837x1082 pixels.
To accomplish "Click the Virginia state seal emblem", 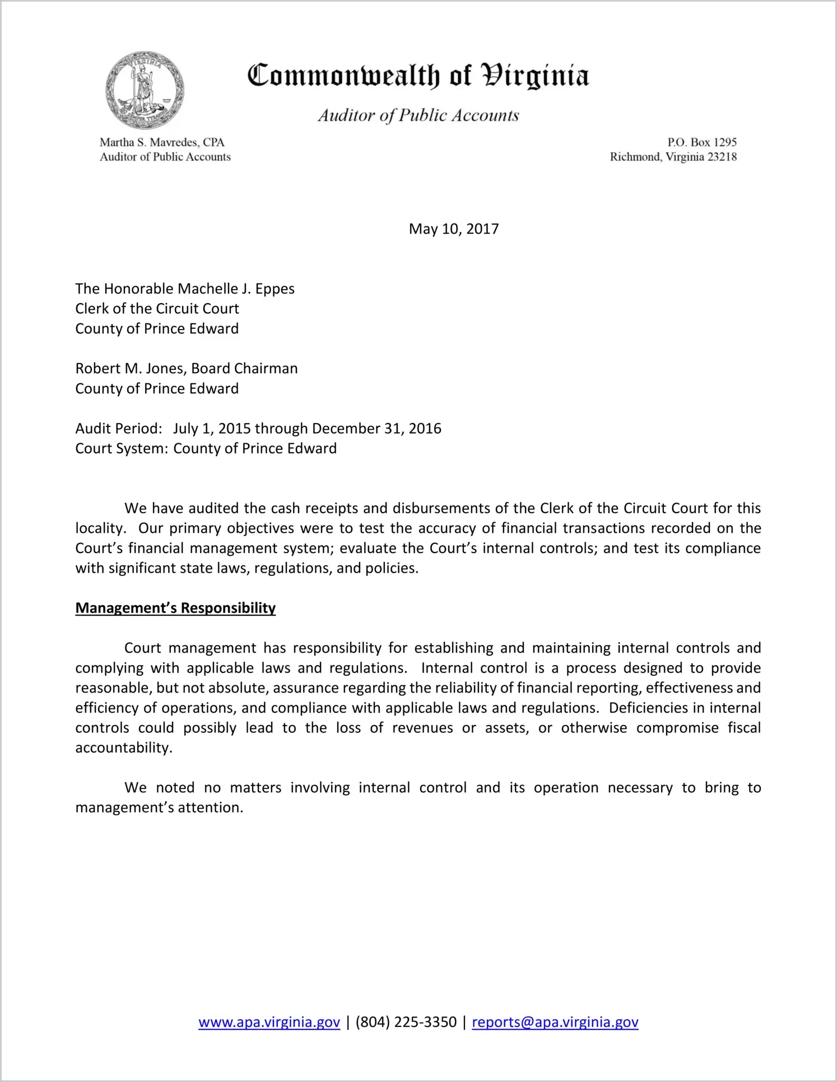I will pos(145,90).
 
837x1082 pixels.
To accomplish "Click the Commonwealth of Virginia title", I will pos(418,76).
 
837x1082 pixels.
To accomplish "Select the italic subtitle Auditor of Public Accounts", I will pos(418,115).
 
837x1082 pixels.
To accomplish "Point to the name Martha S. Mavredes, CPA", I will pos(162,142).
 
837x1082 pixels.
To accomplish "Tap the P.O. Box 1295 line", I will pos(701,142).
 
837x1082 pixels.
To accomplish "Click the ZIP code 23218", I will pos(722,157).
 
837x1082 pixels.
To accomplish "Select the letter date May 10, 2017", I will pos(453,229).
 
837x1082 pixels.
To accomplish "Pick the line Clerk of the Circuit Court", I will pos(157,309).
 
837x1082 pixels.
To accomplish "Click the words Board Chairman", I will pos(244,369).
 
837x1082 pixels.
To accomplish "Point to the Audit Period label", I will pos(118,429).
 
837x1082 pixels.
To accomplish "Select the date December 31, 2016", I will pos(376,429).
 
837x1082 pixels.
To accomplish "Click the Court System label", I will pos(121,449).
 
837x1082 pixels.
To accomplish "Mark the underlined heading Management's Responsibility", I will pos(175,609).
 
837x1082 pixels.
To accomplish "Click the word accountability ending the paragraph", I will pos(123,748).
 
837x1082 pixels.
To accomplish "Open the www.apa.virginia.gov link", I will pos(269,1022).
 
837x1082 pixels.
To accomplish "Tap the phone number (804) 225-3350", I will pos(406,1022).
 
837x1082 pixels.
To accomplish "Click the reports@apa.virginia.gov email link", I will pos(555,1022).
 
